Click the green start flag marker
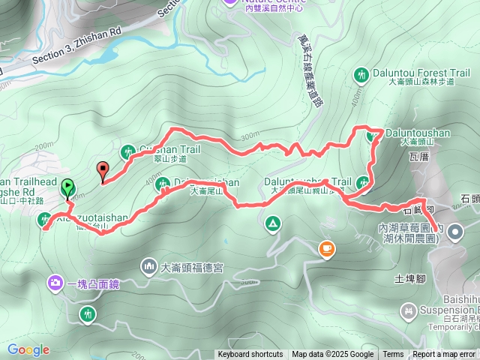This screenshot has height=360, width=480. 67,187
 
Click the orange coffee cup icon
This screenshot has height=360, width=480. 326,249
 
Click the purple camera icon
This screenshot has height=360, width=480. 55,283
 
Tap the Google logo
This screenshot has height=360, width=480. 28,350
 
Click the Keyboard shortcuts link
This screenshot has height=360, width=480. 250,355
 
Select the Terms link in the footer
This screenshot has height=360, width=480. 393,355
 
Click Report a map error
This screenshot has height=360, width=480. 445,355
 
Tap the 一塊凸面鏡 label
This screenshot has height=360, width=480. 93,283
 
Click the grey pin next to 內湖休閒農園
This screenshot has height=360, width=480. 455,235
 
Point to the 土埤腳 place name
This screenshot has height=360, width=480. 409,280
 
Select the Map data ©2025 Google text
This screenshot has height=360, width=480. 332,355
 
